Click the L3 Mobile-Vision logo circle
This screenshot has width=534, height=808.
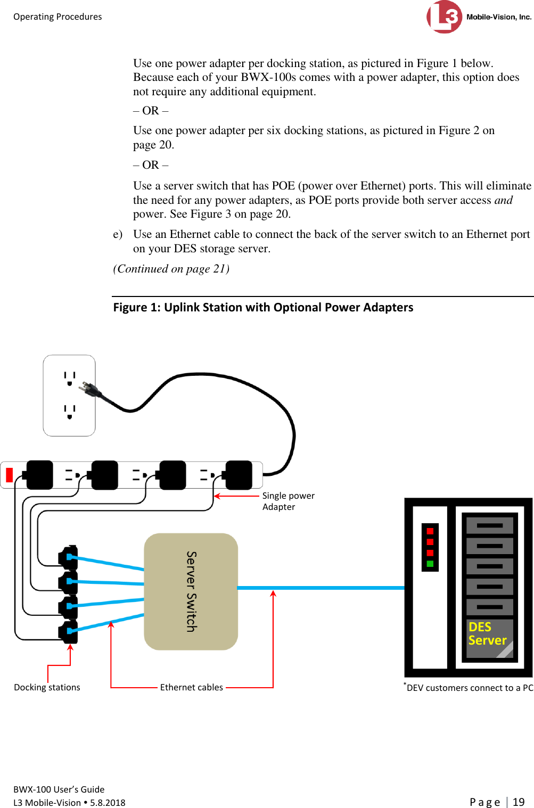pos(444,17)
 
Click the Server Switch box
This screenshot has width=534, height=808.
pos(191,591)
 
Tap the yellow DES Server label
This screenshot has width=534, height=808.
pos(487,634)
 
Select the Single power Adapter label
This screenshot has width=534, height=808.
pos(288,501)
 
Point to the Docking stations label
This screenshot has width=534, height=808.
pos(47,687)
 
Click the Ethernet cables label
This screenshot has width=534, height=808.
pos(191,687)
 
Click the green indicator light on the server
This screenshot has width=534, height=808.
pos(430,564)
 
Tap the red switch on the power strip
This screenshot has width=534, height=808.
pos(9,474)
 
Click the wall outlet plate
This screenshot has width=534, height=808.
pos(69,395)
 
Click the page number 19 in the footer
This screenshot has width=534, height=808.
pos(519,802)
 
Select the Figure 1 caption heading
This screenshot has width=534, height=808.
pos(263,308)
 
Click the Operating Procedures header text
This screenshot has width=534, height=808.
pos(57,17)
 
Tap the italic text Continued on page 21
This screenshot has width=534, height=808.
pos(171,269)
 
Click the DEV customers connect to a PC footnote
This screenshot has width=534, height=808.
pos(469,688)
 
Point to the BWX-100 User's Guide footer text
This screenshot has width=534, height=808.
pos(59,789)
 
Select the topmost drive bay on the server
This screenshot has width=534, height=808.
pos(489,525)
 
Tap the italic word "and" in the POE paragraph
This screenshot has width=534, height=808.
pos(503,200)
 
